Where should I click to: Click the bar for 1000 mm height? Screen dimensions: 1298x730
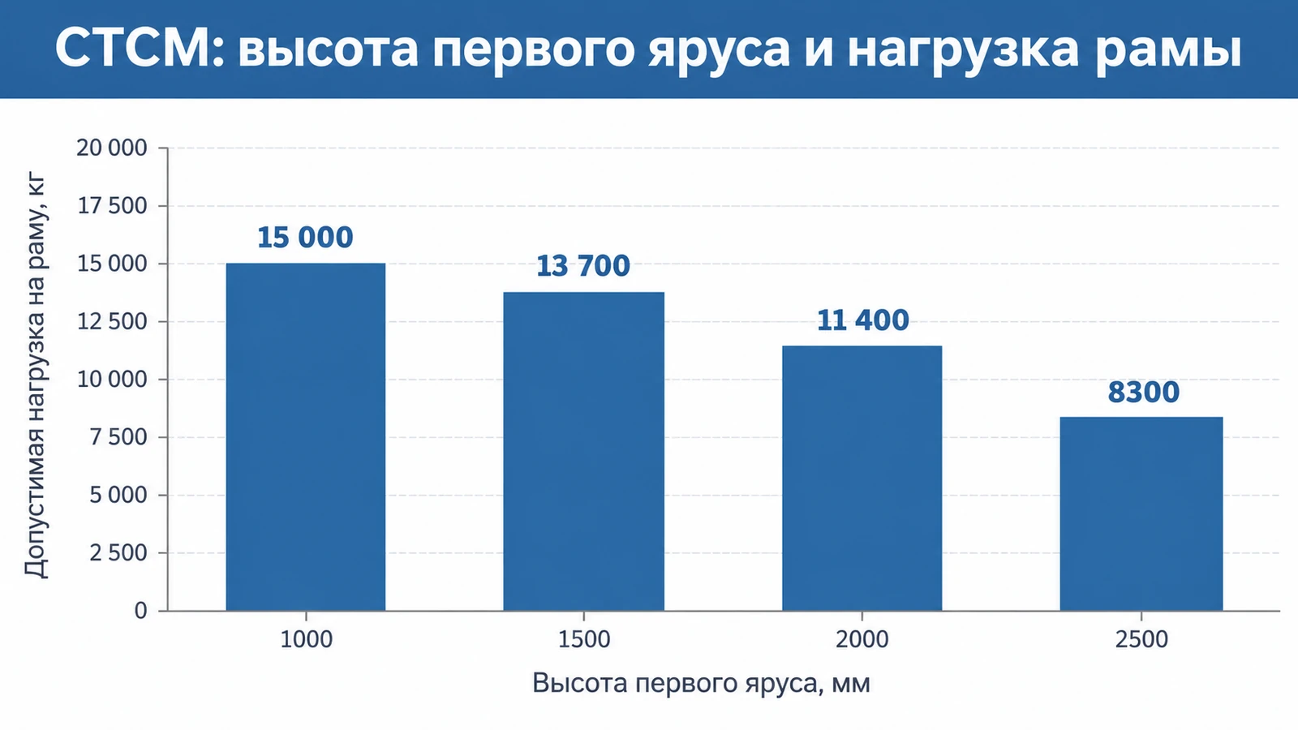305,437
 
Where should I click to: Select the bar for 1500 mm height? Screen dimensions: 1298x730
583,451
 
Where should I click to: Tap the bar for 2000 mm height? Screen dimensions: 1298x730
862,478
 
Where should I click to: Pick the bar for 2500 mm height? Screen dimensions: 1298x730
1141,514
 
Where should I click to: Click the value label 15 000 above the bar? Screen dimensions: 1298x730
305,238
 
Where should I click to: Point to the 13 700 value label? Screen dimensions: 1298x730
583,266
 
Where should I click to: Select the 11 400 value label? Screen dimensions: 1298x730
862,320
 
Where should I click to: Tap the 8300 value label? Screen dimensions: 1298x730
1143,393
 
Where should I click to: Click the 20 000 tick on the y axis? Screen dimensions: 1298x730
112,148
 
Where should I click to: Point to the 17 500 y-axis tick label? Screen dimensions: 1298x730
112,206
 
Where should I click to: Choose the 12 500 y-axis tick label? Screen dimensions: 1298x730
112,321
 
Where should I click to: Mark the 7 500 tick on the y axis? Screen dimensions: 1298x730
118,437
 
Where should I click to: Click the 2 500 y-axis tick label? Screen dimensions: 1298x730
118,553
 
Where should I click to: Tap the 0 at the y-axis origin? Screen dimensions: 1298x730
140,611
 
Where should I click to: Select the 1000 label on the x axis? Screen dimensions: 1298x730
306,640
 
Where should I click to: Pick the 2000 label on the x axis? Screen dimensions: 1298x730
862,640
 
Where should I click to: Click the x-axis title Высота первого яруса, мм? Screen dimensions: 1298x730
701,684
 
